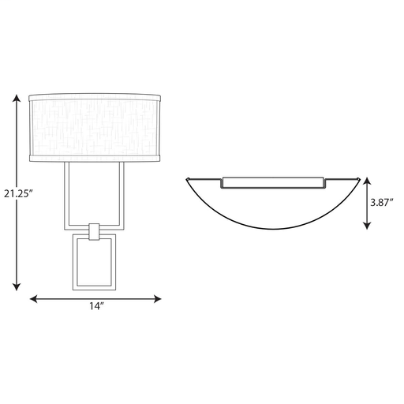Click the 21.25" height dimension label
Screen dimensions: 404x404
tap(18, 193)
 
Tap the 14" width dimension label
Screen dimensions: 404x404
tap(96, 306)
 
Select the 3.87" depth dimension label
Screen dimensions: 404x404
tap(382, 202)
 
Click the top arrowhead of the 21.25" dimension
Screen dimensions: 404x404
tap(17, 98)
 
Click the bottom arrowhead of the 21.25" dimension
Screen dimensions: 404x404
tap(17, 287)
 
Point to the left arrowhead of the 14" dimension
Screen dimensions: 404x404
tap(33, 299)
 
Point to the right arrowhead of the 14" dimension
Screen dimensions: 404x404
tap(157, 299)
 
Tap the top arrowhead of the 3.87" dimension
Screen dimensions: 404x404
tap(367, 181)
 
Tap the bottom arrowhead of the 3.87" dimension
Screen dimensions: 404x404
tap(367, 226)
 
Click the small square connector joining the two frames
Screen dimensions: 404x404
tap(94, 232)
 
